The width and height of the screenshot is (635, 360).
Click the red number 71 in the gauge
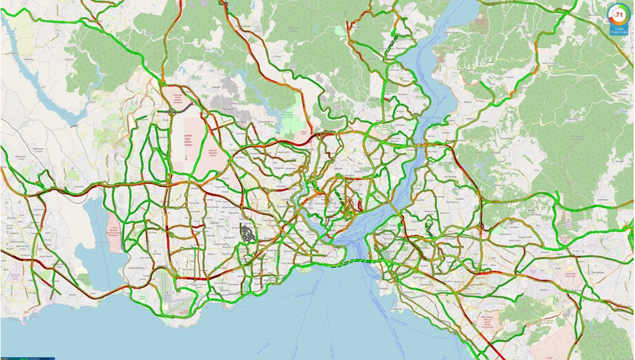618,14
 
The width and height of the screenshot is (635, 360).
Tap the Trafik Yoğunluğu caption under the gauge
618,29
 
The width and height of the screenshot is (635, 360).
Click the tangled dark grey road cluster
248,233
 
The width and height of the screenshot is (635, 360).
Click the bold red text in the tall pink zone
188,141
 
